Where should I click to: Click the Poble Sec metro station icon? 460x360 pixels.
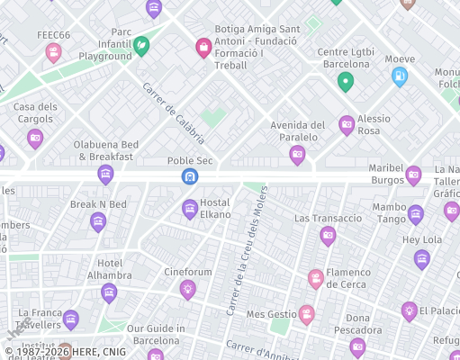pos(189,175)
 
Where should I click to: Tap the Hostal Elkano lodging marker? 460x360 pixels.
pos(190,209)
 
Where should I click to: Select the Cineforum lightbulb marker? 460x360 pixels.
pos(187,288)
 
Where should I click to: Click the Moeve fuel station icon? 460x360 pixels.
pos(400,76)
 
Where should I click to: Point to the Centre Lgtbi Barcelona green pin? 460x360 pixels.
pos(345,82)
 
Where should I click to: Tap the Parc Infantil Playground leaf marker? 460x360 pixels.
pos(141,45)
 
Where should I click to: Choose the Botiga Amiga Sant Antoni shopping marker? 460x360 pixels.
pos(203,46)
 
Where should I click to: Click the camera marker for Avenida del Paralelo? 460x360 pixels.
pos(297,155)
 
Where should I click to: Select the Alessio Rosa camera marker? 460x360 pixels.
pos(347,124)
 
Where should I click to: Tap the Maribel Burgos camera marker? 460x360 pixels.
pos(413,175)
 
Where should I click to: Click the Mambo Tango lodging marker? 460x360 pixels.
pos(415,213)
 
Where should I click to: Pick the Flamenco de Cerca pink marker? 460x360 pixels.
pos(316,278)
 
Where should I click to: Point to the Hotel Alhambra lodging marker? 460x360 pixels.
pos(109,292)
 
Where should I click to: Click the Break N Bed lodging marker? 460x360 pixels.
pos(98,221)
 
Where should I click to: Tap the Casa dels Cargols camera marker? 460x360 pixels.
pos(35,138)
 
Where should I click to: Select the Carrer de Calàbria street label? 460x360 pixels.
pos(174,113)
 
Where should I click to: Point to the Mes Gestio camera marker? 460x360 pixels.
pos(307,314)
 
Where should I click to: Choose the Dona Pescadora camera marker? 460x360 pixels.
pos(357,346)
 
